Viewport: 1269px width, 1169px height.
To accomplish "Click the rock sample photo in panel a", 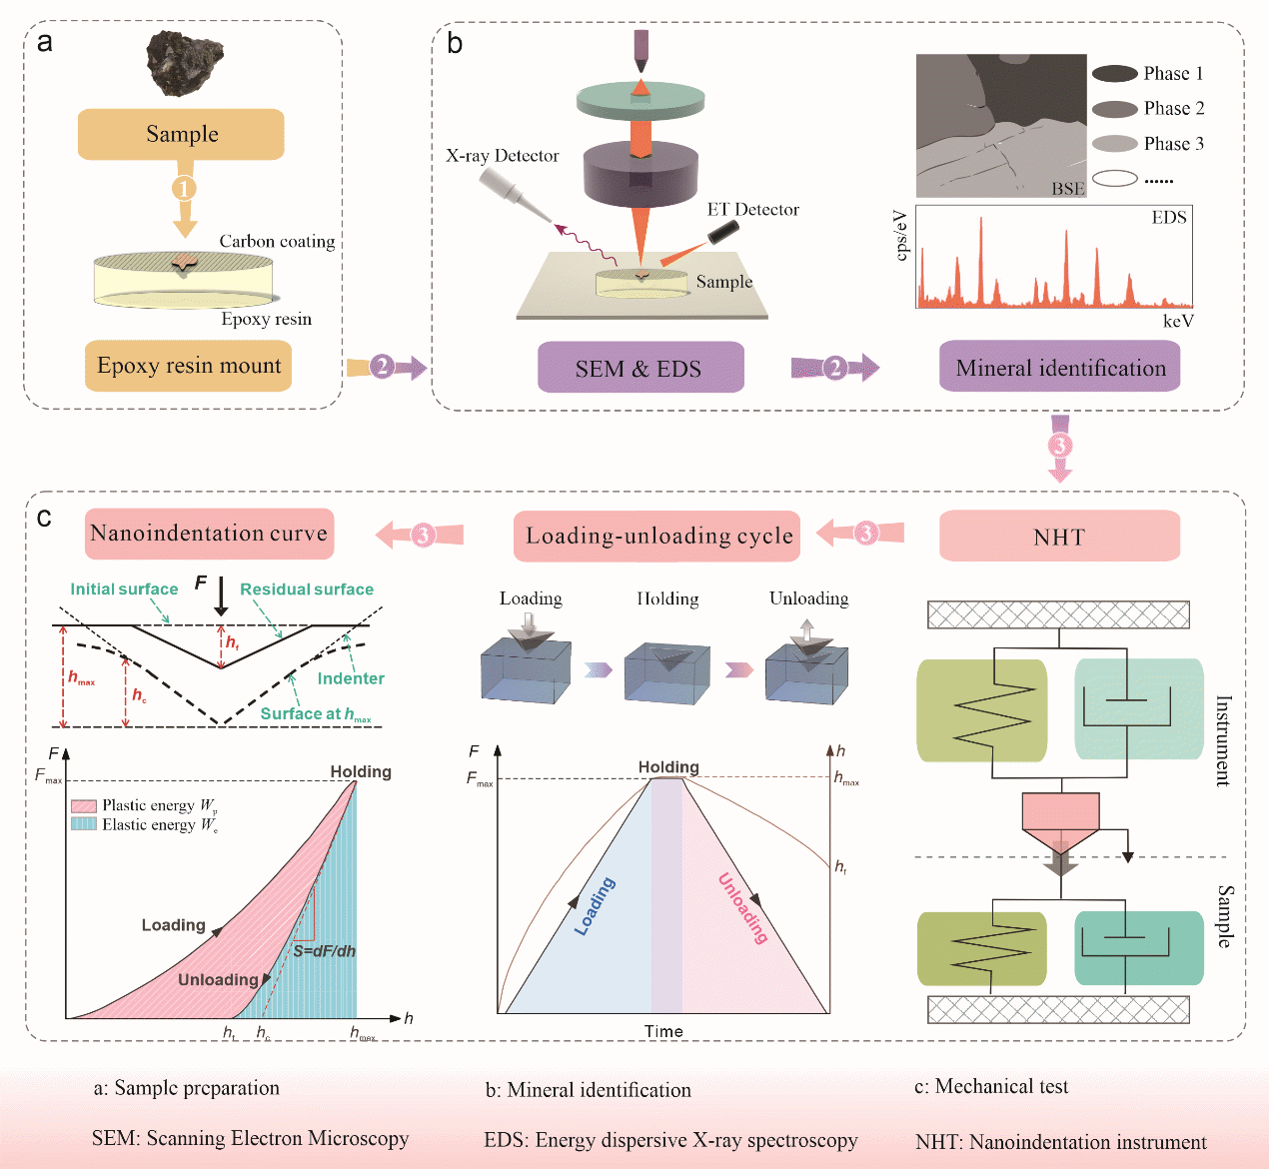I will pyautogui.click(x=185, y=62).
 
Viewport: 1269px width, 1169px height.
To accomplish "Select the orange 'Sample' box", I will pyautogui.click(x=181, y=135).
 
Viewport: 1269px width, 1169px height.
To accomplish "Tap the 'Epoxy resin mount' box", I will pyautogui.click(x=189, y=366).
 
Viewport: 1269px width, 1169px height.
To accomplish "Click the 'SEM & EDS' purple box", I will pyautogui.click(x=639, y=368).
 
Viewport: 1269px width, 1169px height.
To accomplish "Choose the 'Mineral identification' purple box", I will pyautogui.click(x=1060, y=368).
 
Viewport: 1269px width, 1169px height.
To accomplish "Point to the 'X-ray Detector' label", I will pyautogui.click(x=502, y=156).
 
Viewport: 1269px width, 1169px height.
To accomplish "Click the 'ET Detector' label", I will pyautogui.click(x=752, y=210).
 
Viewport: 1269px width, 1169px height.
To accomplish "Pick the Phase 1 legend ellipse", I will pyautogui.click(x=1115, y=73).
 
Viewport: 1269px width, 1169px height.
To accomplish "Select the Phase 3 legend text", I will pyautogui.click(x=1173, y=144).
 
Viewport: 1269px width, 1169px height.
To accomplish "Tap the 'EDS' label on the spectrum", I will pyautogui.click(x=1168, y=218).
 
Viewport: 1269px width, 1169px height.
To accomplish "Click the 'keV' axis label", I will pyautogui.click(x=1177, y=321).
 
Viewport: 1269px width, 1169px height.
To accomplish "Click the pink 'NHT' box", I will pyautogui.click(x=1059, y=537).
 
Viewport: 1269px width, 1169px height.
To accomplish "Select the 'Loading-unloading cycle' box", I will pyautogui.click(x=658, y=536).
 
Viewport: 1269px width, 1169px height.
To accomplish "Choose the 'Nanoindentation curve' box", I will pyautogui.click(x=209, y=534).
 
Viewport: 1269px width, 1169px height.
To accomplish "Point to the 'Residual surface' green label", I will pyautogui.click(x=306, y=589).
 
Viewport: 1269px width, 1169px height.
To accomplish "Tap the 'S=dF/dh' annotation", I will pyautogui.click(x=324, y=951).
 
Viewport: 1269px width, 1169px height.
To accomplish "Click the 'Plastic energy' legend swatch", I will pyautogui.click(x=84, y=805).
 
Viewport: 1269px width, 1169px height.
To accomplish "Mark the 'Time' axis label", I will pyautogui.click(x=663, y=1031).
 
